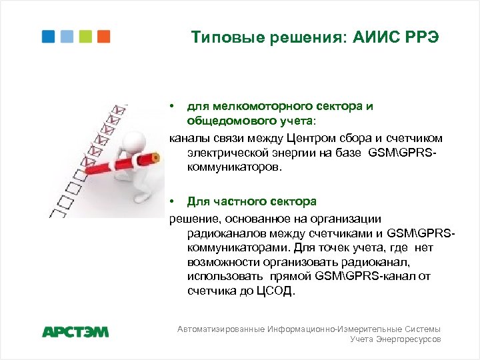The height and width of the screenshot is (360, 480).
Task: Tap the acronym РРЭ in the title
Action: click(x=421, y=37)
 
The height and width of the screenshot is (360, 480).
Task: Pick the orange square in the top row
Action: click(x=103, y=36)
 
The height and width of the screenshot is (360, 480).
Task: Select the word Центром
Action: click(x=311, y=137)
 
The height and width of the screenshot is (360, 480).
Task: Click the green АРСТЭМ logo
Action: click(x=75, y=331)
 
